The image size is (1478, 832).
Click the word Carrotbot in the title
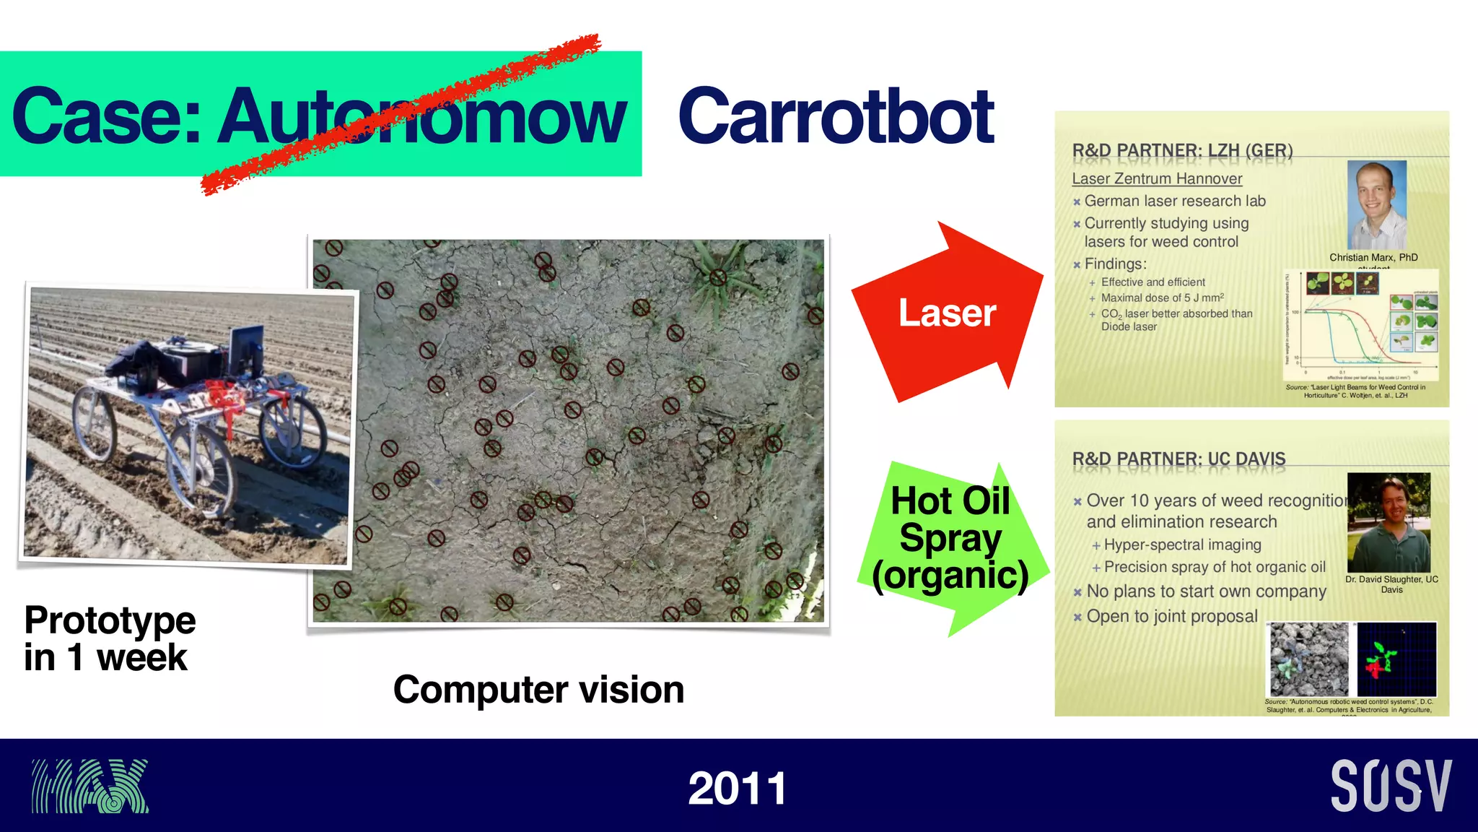(836, 117)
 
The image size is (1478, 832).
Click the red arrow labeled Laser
(947, 313)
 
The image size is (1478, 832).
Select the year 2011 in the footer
(737, 788)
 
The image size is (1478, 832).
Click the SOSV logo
(1391, 786)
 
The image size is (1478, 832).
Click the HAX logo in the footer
(89, 786)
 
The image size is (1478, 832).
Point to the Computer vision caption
(538, 690)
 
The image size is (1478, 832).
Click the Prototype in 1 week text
(110, 638)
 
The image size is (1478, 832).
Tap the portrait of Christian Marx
(1376, 205)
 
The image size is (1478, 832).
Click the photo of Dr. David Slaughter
(1388, 522)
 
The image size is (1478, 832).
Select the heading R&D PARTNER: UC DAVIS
(1179, 459)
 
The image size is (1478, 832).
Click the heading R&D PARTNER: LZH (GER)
(1182, 151)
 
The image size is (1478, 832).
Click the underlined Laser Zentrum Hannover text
(1157, 178)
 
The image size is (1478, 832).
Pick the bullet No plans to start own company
(1205, 591)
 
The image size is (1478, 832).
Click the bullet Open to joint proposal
(1171, 617)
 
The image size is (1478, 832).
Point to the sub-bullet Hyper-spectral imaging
(1182, 545)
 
